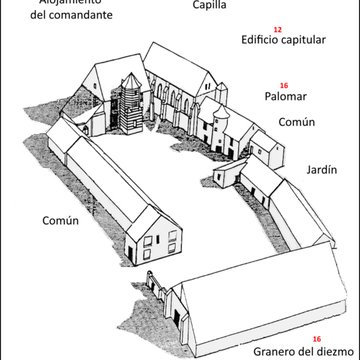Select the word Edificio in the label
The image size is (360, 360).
[263, 43]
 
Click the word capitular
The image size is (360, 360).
[310, 43]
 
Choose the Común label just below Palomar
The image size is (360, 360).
[296, 123]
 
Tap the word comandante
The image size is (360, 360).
[84, 17]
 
